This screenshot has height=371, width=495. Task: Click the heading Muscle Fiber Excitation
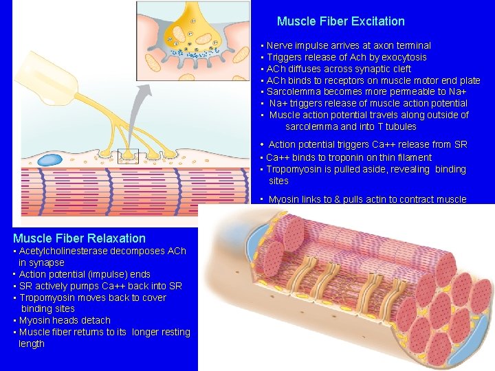tap(340, 21)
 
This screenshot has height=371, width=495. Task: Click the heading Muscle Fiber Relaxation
tap(79, 238)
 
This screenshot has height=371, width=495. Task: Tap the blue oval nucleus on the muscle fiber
tap(49, 160)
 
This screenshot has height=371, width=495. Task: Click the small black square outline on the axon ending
tap(129, 156)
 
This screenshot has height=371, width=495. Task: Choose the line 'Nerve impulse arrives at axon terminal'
tap(349, 45)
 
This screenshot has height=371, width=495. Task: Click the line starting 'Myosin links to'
tap(367, 199)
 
